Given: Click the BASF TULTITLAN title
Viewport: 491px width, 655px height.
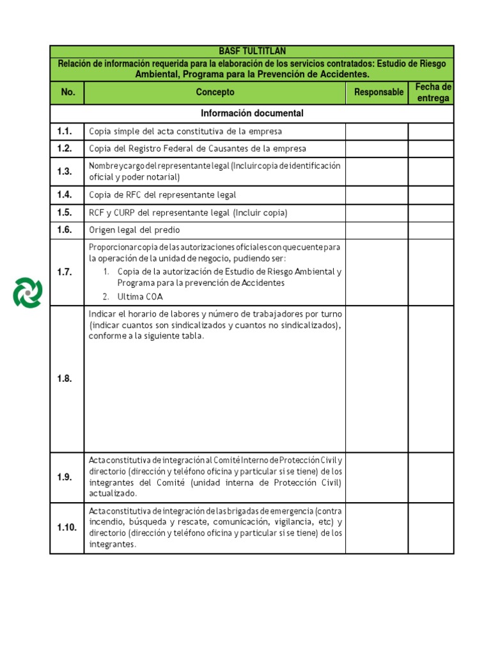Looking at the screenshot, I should click(x=252, y=51).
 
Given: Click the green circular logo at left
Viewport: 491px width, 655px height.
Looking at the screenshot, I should click(x=27, y=292).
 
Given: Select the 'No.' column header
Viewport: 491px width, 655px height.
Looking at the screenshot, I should click(x=68, y=92).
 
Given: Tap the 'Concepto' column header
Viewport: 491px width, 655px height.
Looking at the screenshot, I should click(x=215, y=92).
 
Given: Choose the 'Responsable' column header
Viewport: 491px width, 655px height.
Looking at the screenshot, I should click(x=378, y=92).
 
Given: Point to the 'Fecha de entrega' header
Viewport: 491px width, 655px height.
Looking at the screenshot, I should click(x=433, y=92).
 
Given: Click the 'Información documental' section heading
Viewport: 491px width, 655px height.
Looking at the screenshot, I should click(x=252, y=113).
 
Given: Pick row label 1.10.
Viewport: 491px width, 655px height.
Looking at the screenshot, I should click(x=66, y=528).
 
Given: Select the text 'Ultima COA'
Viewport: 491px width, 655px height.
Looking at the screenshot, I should click(x=139, y=296).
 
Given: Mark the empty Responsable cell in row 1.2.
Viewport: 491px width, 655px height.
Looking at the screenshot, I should click(x=377, y=148).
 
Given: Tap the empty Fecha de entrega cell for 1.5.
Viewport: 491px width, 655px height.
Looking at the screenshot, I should click(x=430, y=212).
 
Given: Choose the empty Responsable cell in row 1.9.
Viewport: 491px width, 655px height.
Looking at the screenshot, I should click(x=377, y=477).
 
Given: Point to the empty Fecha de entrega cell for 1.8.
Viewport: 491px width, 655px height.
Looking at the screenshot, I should click(x=430, y=379).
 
